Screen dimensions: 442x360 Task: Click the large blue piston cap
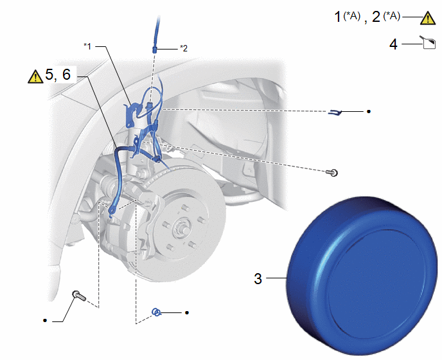coord(362,275)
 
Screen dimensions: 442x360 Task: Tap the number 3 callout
coord(258,279)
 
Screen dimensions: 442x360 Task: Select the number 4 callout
coord(394,44)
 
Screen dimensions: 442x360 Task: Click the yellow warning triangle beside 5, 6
coord(35,77)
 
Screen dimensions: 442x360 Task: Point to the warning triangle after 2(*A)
coord(428,19)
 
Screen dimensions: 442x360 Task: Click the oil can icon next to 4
coord(429,42)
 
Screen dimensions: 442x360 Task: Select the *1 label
coord(87,46)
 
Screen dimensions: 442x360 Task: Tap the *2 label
coord(184,48)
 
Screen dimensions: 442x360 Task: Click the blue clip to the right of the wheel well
coord(335,112)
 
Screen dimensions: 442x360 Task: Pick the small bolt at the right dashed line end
coord(332,172)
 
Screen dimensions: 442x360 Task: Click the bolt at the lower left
coord(79,296)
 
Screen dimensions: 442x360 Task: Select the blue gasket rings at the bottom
coord(157,312)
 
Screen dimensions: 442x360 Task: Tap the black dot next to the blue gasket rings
coord(187,312)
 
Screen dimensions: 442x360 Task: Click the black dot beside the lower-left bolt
coord(45,321)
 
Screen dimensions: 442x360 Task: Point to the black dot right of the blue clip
coord(368,111)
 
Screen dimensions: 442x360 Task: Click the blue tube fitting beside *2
coord(154,50)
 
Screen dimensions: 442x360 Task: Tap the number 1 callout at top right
coord(337,17)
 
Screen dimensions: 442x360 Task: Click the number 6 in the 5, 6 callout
coord(66,75)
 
